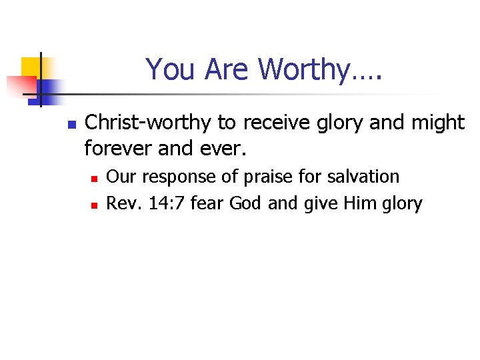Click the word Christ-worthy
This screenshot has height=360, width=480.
(x=146, y=123)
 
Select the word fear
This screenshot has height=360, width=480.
(x=207, y=203)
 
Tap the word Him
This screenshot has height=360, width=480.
(x=361, y=203)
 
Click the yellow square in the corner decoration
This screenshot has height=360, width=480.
(x=31, y=67)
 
